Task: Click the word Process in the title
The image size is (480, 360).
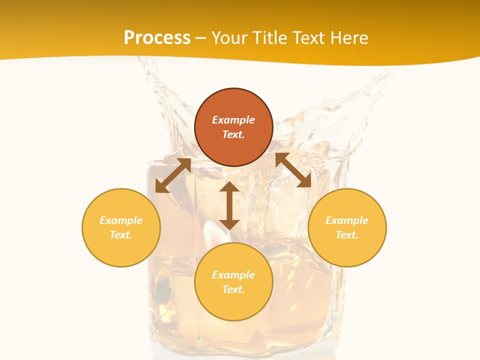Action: tap(157, 38)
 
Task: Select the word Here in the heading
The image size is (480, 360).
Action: tap(348, 38)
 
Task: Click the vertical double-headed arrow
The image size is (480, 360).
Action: tap(229, 205)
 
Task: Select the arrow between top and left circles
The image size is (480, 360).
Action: tap(173, 175)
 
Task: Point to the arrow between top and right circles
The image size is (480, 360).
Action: tap(293, 170)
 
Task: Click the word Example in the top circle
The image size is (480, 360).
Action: tap(233, 120)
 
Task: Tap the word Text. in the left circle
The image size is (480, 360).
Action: tap(121, 235)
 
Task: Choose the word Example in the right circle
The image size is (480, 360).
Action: tap(347, 220)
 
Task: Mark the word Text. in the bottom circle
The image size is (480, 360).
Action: tap(233, 289)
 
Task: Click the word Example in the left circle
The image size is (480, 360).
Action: tap(121, 220)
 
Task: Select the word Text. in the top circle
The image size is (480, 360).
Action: tap(233, 134)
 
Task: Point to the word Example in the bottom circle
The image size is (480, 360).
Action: tap(233, 275)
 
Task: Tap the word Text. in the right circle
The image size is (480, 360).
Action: tap(347, 235)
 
